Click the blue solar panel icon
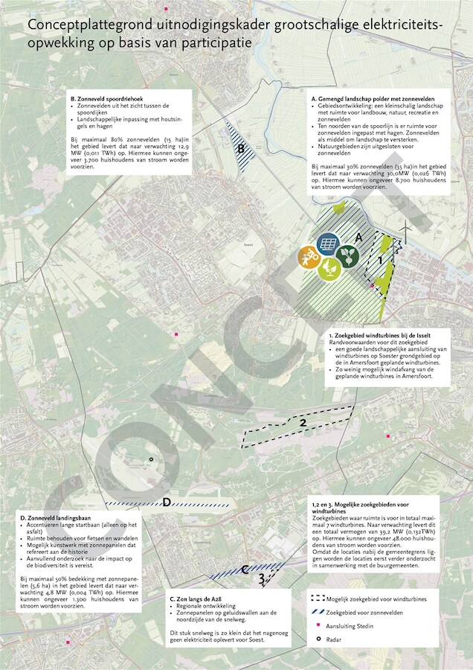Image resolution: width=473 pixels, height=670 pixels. click(328, 243)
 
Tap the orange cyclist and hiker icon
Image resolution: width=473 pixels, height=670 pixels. click(309, 258)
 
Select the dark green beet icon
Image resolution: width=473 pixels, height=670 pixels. click(347, 257)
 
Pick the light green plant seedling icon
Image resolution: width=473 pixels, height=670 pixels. click(329, 269)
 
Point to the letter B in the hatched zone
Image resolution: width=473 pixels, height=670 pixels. click(242, 149)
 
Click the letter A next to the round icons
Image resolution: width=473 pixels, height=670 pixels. click(358, 237)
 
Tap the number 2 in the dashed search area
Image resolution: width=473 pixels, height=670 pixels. click(303, 424)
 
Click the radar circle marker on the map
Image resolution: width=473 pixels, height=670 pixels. click(151, 459)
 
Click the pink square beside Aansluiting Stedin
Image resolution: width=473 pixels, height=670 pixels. click(318, 626)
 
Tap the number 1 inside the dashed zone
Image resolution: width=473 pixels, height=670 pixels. click(380, 261)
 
